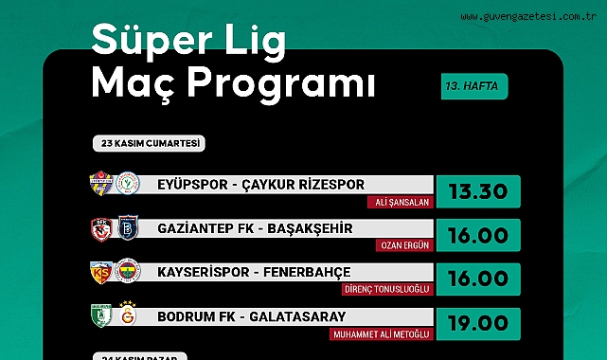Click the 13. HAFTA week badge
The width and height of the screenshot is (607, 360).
(x=474, y=86)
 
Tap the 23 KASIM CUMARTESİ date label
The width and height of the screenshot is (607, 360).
(x=149, y=143)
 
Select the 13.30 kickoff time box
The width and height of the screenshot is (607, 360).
(x=478, y=191)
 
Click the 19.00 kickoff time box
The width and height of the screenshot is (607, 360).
(x=478, y=324)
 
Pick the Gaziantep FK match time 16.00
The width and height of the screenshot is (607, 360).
(x=478, y=235)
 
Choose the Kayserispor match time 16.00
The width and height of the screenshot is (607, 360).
(x=478, y=279)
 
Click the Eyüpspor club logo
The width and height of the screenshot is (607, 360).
(x=101, y=183)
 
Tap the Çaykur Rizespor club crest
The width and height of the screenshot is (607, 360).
(x=127, y=183)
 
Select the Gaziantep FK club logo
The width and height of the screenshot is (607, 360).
(x=101, y=230)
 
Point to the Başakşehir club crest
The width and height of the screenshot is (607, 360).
(x=128, y=228)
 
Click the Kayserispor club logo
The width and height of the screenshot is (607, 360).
(x=101, y=272)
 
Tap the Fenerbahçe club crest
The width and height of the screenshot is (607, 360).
(x=128, y=271)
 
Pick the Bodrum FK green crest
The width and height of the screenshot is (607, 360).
(x=101, y=315)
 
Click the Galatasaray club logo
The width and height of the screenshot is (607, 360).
(x=128, y=314)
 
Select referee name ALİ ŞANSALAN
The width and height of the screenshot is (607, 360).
(x=402, y=202)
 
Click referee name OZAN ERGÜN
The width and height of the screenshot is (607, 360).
(x=404, y=245)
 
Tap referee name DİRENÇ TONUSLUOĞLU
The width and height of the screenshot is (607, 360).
(x=387, y=289)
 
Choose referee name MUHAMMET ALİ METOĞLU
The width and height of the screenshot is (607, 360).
(x=382, y=334)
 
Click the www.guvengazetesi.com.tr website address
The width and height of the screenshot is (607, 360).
(x=528, y=17)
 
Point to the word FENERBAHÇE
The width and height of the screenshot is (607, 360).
(x=307, y=273)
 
